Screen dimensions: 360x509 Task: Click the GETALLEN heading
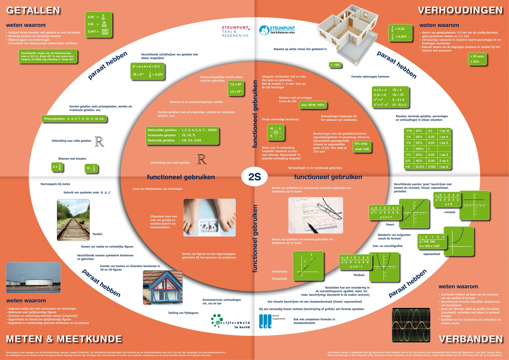(33, 10)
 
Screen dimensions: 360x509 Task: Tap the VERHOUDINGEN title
(460, 10)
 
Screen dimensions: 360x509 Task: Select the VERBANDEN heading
(471, 339)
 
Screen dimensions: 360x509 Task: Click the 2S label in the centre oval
(255, 177)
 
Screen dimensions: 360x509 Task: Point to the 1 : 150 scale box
(335, 65)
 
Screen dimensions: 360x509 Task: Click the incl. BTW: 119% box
(313, 105)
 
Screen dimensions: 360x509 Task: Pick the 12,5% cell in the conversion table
(420, 167)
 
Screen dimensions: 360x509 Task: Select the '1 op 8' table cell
(443, 167)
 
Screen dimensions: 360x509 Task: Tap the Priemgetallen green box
(74, 119)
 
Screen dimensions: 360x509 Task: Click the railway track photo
(73, 220)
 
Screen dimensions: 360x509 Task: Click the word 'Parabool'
(359, 275)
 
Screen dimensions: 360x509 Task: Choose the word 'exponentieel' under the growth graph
(432, 254)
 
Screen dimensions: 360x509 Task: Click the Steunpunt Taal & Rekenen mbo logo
(277, 30)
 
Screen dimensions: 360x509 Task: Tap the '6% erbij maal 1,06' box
(362, 146)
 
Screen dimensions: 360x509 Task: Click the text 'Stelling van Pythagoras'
(183, 313)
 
